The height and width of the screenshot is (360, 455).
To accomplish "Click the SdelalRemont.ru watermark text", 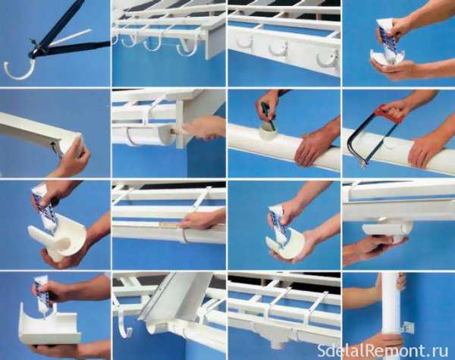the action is (382, 350).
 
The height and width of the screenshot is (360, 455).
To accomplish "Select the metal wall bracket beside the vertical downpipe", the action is (407, 328).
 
